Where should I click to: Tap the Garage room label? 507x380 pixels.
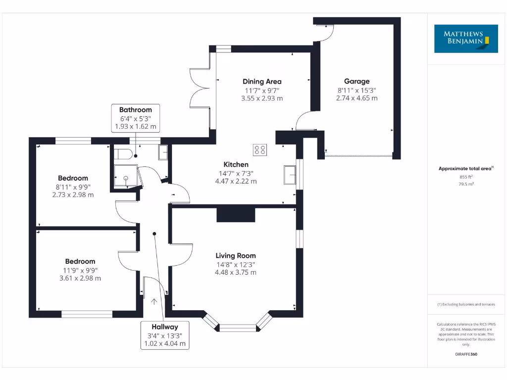pyautogui.click(x=357, y=82)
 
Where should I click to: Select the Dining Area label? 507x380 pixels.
pyautogui.click(x=262, y=82)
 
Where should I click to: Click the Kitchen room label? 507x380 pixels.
pyautogui.click(x=236, y=165)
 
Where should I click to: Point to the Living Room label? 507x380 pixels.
pyautogui.click(x=236, y=256)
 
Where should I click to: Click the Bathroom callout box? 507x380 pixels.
pyautogui.click(x=135, y=118)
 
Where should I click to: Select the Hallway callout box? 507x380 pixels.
pyautogui.click(x=165, y=335)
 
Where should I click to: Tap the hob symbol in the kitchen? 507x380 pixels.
pyautogui.click(x=260, y=149)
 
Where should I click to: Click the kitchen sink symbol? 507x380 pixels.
pyautogui.click(x=289, y=174)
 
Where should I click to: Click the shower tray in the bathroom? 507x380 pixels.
pyautogui.click(x=124, y=176)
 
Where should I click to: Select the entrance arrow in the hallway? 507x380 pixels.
pyautogui.click(x=154, y=301)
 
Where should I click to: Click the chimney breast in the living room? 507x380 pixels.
pyautogui.click(x=236, y=215)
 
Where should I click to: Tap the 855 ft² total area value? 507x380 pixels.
pyautogui.click(x=466, y=177)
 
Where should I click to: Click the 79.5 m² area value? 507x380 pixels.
pyautogui.click(x=466, y=184)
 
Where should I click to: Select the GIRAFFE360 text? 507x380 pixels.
pyautogui.click(x=466, y=354)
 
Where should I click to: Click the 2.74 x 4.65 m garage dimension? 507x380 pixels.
pyautogui.click(x=357, y=98)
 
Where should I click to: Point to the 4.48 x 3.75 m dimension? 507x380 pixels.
pyautogui.click(x=236, y=272)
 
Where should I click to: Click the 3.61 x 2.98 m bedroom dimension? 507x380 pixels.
pyautogui.click(x=80, y=278)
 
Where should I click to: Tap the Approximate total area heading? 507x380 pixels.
pyautogui.click(x=465, y=169)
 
